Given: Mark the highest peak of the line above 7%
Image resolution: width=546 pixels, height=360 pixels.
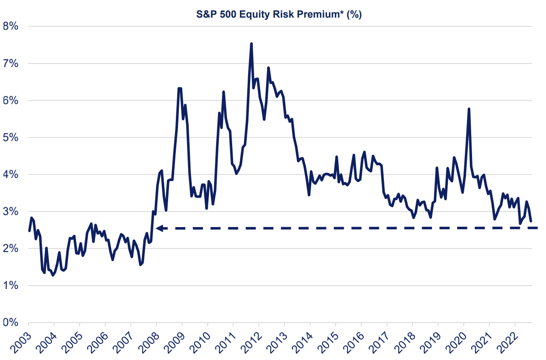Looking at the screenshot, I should point(251,43).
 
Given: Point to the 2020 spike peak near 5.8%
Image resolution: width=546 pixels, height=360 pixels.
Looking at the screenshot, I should point(469,109).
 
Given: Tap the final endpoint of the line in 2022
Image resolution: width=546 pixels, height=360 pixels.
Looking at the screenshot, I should point(531,221).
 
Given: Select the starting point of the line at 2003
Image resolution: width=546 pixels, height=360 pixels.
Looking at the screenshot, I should point(29,231).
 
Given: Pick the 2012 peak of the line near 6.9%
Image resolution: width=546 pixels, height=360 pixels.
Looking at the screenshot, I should point(268,68).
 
